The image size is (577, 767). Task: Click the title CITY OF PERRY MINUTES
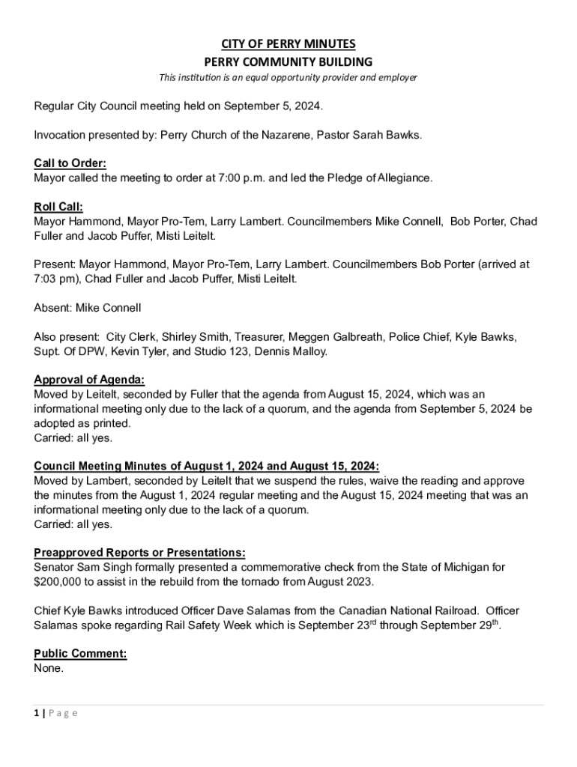(x=288, y=44)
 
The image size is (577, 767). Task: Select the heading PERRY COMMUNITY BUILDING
(x=288, y=61)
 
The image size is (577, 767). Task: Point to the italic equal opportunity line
(x=288, y=78)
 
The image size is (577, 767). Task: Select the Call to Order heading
(x=70, y=163)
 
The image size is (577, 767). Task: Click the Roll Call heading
(x=58, y=207)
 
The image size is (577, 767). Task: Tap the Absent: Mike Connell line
(x=88, y=308)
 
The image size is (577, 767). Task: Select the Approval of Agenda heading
(x=89, y=380)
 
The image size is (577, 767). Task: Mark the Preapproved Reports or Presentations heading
(x=139, y=553)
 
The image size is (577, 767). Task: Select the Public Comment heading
(x=80, y=654)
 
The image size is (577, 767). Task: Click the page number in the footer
(x=37, y=713)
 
